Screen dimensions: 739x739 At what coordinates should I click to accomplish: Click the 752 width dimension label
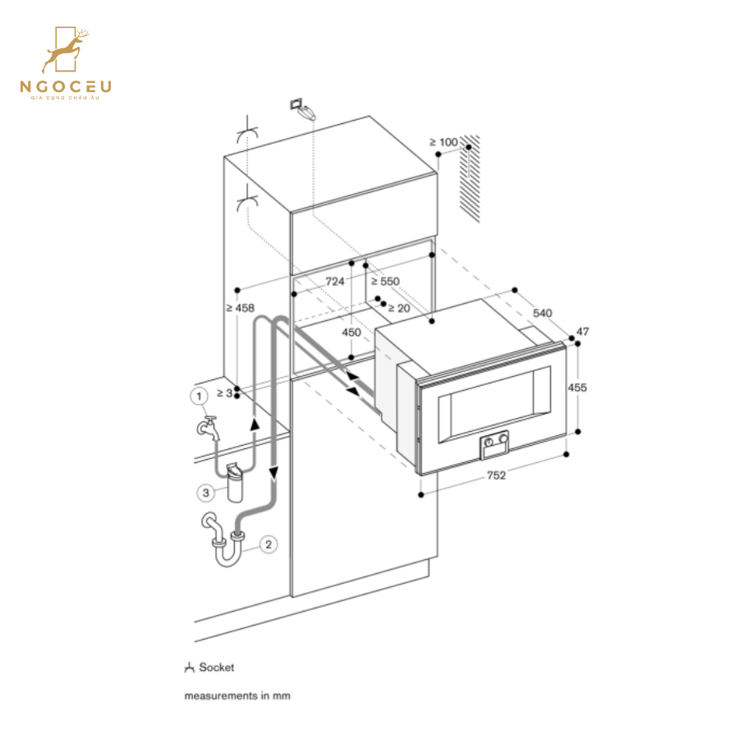[x=495, y=475]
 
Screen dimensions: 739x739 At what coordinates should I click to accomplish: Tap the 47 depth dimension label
[x=583, y=332]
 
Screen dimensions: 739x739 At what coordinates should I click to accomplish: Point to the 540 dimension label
[x=543, y=313]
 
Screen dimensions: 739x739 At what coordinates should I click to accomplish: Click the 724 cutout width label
[x=334, y=281]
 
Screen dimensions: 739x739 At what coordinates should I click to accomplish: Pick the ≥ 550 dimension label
[x=383, y=281]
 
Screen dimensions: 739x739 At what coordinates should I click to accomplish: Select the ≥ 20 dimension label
[x=398, y=308]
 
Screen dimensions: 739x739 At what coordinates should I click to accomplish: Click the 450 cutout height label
[x=351, y=332]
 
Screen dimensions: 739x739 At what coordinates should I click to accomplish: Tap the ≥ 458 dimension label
[x=240, y=308]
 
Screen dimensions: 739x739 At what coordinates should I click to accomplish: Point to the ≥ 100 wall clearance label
[x=443, y=142]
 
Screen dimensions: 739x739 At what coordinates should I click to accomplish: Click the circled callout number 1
[x=199, y=397]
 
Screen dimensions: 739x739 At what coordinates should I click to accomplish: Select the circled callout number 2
[x=268, y=544]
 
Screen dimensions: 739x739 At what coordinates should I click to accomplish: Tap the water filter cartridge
[x=234, y=483]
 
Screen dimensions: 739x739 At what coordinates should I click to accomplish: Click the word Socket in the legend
[x=216, y=668]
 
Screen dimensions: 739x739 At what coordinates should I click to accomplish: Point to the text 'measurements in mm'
[x=236, y=695]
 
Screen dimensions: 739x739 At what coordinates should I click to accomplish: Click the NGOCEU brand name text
[x=66, y=85]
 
